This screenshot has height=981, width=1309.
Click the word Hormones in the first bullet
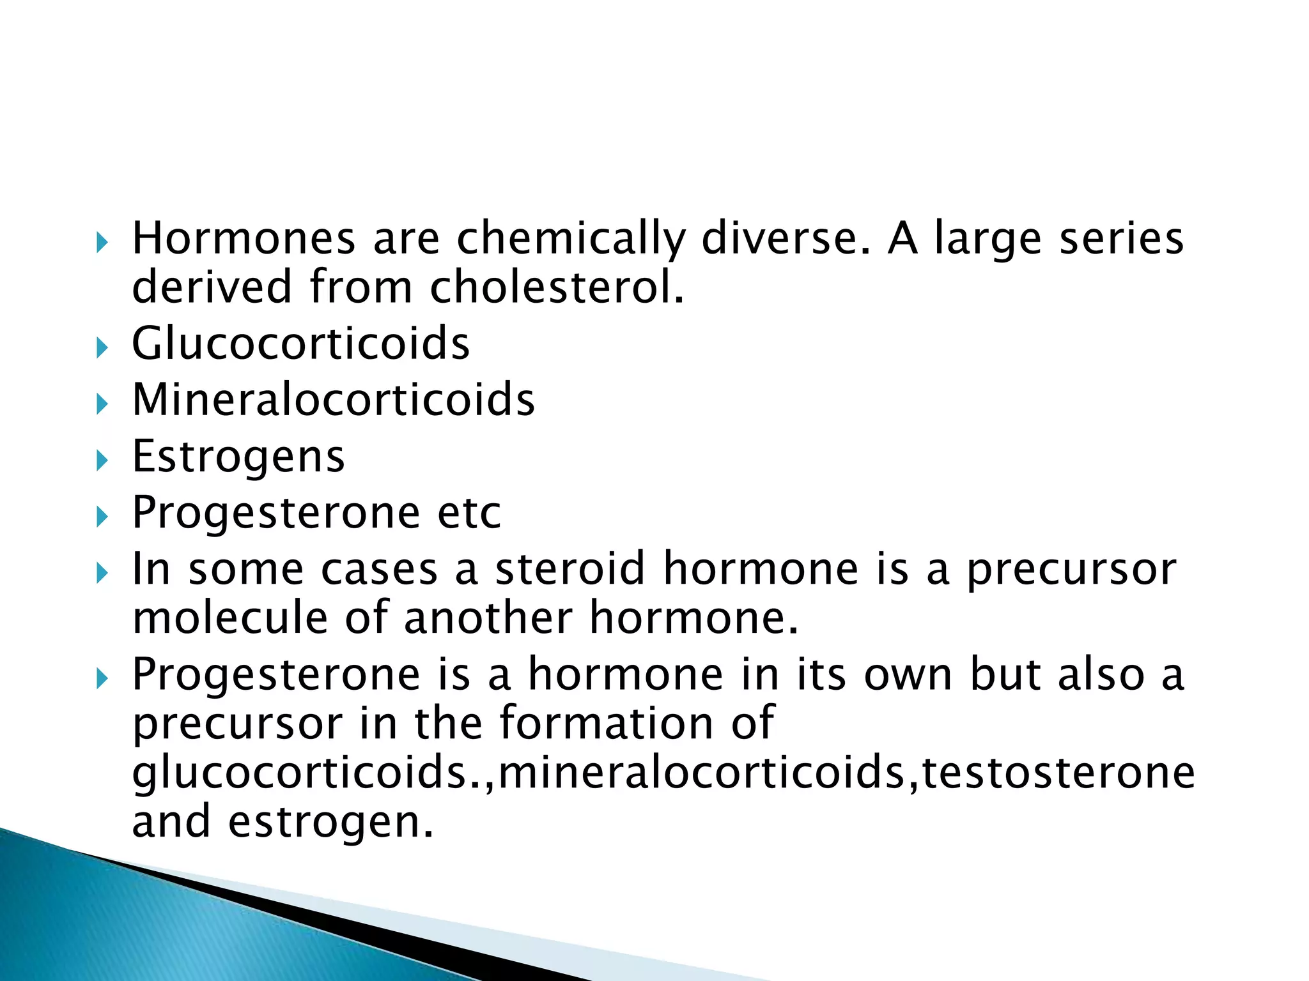243,239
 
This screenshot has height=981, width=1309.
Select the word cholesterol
556,287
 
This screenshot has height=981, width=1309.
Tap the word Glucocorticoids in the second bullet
300,344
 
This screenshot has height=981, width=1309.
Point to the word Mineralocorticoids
333,400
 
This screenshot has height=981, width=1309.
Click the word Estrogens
238,456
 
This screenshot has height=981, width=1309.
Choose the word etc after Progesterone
469,512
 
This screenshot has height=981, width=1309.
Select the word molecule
229,618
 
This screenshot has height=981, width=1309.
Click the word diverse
786,239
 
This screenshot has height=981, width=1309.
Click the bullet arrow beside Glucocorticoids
102,349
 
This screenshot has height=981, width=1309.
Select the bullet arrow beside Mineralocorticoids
102,405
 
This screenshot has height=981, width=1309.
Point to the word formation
606,723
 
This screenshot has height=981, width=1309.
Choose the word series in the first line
1122,239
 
